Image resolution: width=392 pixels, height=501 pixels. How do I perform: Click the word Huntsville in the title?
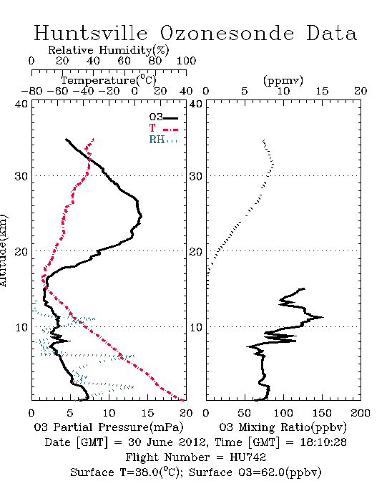[91, 33]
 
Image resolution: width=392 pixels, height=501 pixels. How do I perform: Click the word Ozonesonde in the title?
[227, 33]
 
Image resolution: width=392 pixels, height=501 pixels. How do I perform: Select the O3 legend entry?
[163, 117]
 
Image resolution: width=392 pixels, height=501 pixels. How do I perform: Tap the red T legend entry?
[163, 128]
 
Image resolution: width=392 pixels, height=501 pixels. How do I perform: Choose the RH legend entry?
[163, 140]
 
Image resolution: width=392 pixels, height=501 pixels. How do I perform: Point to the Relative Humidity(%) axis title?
[109, 50]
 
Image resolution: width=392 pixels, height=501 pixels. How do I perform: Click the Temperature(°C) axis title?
[109, 80]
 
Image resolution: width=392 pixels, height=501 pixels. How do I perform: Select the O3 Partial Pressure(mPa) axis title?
[109, 427]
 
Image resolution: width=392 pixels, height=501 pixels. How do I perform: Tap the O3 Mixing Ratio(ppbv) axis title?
[283, 427]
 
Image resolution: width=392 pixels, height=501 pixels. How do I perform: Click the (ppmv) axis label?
[283, 81]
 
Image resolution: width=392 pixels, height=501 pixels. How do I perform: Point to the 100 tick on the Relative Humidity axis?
[186, 61]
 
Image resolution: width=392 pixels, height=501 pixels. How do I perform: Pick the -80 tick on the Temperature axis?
[31, 91]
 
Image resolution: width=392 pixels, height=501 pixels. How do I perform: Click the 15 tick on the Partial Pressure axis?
[147, 413]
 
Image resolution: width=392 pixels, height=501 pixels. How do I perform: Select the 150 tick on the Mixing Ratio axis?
[322, 413]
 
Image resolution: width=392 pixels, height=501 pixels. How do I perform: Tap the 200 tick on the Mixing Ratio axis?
[361, 413]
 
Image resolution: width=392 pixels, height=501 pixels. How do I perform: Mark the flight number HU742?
[248, 457]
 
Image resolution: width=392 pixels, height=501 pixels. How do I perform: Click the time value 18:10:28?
[323, 442]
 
